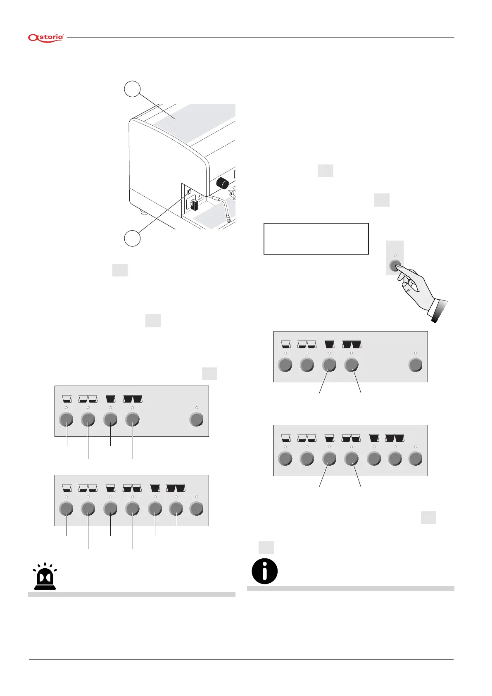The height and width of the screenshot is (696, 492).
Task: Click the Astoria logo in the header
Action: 46,38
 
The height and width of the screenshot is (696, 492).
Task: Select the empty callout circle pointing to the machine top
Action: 132,89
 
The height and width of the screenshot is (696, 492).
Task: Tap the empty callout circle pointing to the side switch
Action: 132,238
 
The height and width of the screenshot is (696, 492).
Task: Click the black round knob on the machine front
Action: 223,183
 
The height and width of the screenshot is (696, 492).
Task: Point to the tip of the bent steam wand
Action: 227,221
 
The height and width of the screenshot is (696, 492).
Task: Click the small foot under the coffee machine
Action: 143,213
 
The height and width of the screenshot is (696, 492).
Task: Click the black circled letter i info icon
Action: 264,571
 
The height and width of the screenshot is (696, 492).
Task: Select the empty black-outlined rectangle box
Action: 316,238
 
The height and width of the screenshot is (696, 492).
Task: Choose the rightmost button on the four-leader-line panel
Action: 196,420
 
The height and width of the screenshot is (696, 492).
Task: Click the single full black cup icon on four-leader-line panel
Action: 110,399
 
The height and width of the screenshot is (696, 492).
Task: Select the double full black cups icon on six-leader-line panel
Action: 176,488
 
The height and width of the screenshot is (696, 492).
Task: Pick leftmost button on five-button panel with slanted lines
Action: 285,365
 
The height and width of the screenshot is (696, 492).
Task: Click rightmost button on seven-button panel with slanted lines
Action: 415,458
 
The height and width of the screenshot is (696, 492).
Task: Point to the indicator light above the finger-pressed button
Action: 395,256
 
